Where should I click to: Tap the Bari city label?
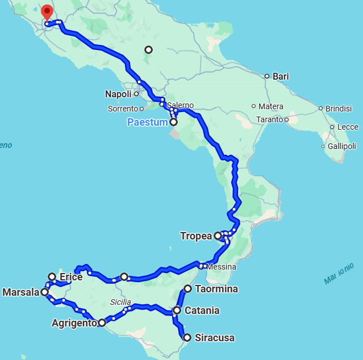[281, 76]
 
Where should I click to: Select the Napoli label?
[118, 94]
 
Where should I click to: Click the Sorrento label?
[123, 109]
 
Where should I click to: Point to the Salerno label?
[180, 105]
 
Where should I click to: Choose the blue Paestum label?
[147, 122]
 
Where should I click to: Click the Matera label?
[270, 106]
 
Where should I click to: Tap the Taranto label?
[269, 119]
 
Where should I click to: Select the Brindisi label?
[338, 109]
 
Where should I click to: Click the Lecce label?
[348, 127]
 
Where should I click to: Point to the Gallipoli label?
[342, 146]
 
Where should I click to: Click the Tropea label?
[196, 236]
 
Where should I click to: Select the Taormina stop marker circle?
[187, 289]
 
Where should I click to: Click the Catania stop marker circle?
[177, 311]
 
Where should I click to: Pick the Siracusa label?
[214, 338]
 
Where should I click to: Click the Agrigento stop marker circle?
[102, 322]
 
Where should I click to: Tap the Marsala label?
[20, 292]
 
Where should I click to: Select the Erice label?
[70, 277]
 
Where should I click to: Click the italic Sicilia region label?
[120, 302]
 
